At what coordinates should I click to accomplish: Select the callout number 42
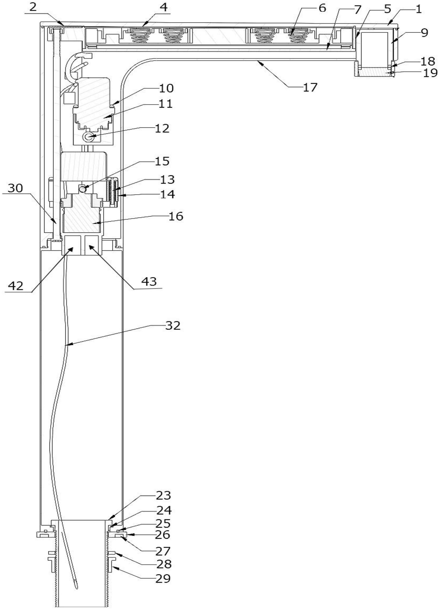pyautogui.click(x=15, y=286)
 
